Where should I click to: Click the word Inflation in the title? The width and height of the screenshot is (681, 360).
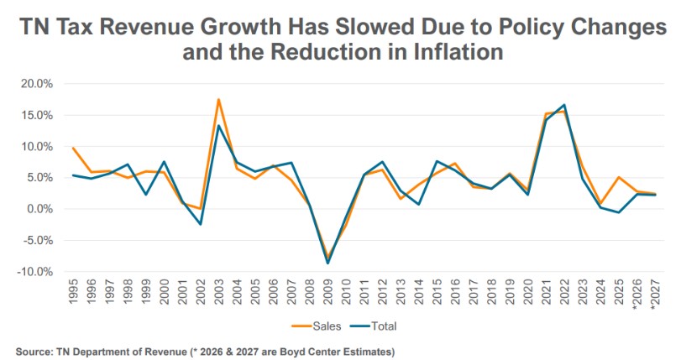(x=448, y=52)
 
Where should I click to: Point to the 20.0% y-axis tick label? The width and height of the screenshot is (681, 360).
(x=36, y=84)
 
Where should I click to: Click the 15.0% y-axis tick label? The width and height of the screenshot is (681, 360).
(x=36, y=115)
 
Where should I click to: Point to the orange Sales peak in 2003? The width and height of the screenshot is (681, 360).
(x=218, y=99)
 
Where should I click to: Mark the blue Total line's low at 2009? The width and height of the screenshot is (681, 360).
(x=327, y=263)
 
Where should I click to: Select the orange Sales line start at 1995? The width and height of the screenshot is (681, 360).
(x=74, y=148)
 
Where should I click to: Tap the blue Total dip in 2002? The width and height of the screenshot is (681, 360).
(x=201, y=224)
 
